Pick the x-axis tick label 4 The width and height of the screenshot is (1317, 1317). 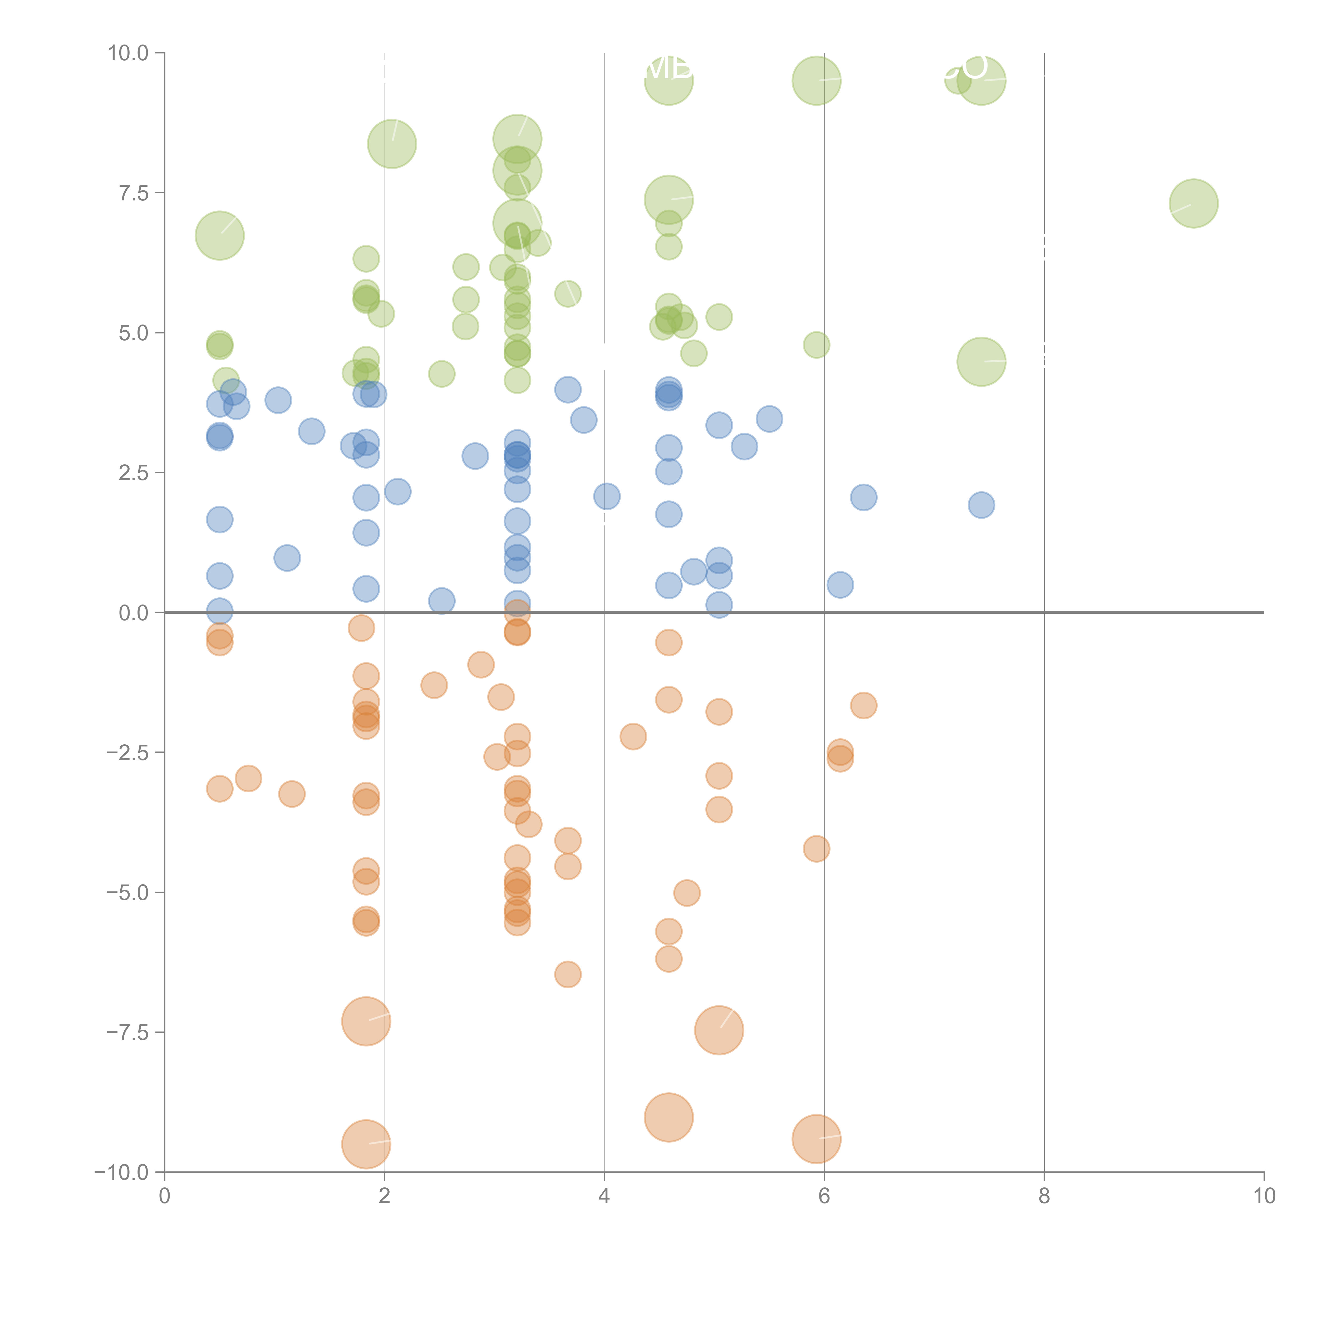(x=604, y=1196)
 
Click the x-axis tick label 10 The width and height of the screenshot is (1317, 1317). (x=1264, y=1196)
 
